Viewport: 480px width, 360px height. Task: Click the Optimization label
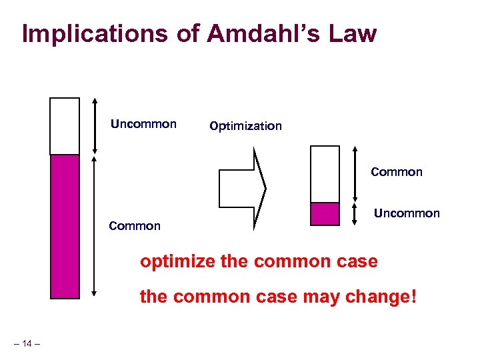(x=245, y=126)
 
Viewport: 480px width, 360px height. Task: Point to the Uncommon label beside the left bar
(x=143, y=124)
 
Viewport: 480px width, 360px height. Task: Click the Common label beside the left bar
(x=135, y=226)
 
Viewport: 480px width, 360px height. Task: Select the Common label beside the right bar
(x=397, y=172)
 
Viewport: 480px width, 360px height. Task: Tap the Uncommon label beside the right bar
(x=407, y=213)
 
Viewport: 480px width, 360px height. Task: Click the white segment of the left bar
(x=65, y=126)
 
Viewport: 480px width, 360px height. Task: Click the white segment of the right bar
(x=325, y=174)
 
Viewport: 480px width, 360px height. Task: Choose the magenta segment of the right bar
(x=325, y=214)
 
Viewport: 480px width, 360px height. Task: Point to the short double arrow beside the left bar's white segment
(x=95, y=126)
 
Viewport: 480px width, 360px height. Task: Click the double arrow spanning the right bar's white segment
(x=354, y=174)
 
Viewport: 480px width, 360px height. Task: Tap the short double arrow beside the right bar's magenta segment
(x=354, y=214)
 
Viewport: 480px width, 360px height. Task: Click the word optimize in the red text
(x=177, y=261)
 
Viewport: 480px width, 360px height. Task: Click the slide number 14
(x=27, y=344)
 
